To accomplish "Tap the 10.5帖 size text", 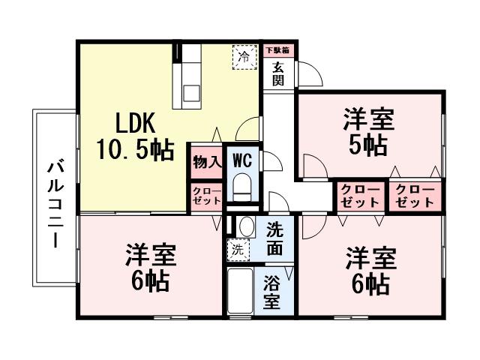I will tap(135, 148).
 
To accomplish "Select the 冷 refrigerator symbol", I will tap(243, 57).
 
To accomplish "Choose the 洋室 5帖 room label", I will tap(369, 131).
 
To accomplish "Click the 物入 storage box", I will tap(206, 161).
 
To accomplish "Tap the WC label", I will tap(241, 160).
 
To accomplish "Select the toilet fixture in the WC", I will tap(242, 187).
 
